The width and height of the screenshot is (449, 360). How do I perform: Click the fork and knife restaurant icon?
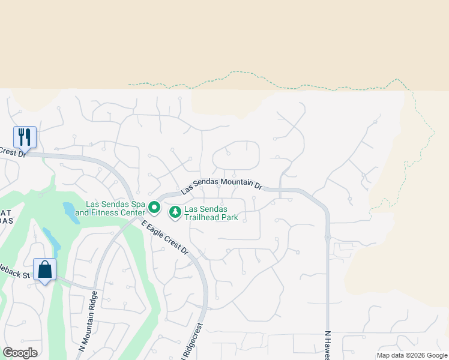pos(25,136)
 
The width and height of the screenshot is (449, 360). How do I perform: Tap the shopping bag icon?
pos(44,269)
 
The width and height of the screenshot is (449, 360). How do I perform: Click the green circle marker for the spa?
pos(154,208)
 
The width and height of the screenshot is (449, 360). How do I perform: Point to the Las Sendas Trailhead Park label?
pos(211,213)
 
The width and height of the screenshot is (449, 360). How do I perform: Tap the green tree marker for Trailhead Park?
pos(175,212)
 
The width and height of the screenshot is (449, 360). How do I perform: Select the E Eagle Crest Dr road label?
pos(165,238)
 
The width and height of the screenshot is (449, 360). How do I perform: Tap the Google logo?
pos(20,353)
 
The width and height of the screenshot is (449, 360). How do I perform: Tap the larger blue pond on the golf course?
pos(70,212)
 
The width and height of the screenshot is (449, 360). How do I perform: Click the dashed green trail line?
pos(252,76)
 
